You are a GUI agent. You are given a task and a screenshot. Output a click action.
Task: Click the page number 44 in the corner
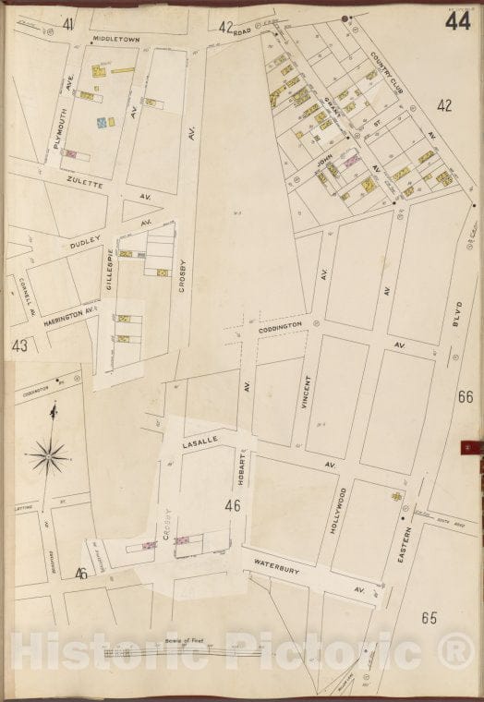(x=455, y=20)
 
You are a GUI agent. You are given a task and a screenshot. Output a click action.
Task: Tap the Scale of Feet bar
(x=184, y=653)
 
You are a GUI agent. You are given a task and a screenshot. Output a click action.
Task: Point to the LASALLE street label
(x=199, y=444)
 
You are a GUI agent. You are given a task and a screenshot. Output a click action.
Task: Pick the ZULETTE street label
(x=85, y=183)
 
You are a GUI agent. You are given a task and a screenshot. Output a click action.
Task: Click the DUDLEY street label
(x=84, y=248)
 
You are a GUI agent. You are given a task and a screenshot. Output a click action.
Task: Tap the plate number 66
(x=464, y=397)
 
